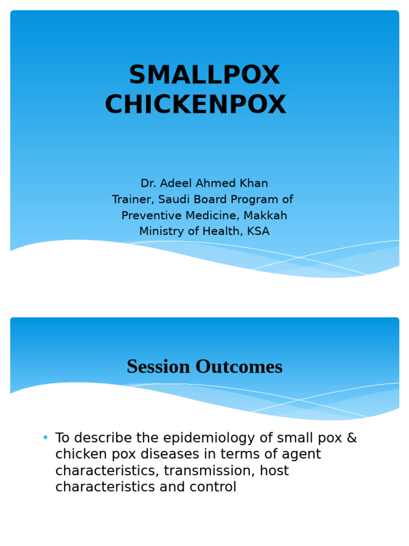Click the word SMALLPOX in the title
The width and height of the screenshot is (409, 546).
coord(204,75)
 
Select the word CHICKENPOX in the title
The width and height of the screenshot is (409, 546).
coord(195,104)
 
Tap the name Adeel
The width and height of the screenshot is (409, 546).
coord(176,183)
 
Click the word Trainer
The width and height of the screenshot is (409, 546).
coord(133,199)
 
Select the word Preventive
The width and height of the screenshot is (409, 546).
coord(152,215)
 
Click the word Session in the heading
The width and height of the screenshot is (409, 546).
coord(158,367)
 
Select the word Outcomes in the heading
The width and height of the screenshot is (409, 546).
coord(239,367)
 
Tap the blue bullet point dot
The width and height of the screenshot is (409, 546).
coord(45,437)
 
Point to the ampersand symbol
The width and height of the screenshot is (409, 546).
coord(352,438)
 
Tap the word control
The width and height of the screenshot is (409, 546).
coord(213,487)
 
